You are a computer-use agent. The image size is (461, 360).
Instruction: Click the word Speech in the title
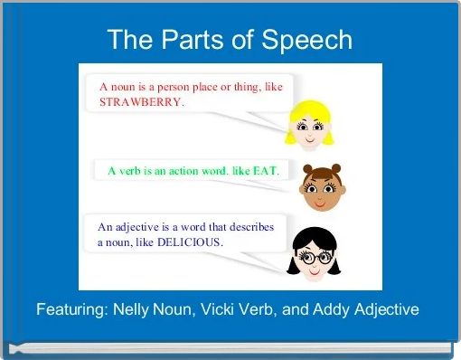click(307, 40)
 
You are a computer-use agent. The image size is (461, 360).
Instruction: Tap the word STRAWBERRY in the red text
click(140, 102)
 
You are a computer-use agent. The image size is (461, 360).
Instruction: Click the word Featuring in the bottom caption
click(70, 309)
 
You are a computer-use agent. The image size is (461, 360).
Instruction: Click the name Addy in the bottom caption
click(325, 309)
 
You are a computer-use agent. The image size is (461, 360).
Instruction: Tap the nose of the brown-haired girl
click(316, 193)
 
